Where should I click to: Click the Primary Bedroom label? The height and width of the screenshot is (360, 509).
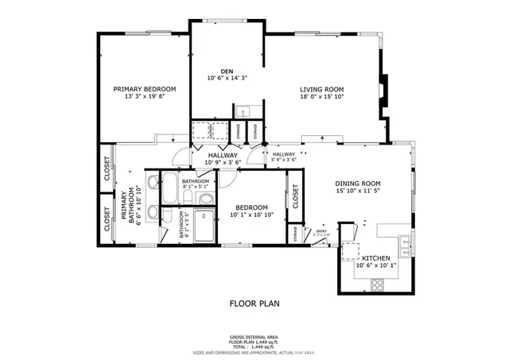click(x=144, y=89)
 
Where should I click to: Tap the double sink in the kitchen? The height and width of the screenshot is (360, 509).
click(x=406, y=242)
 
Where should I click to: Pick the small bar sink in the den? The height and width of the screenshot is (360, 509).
click(x=246, y=111)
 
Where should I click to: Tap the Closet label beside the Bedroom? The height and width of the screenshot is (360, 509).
click(x=296, y=197)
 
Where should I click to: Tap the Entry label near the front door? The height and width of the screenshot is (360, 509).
click(x=322, y=232)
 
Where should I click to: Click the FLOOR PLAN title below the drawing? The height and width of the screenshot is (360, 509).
click(x=254, y=303)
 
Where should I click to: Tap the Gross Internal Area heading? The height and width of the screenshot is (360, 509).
click(x=254, y=337)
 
